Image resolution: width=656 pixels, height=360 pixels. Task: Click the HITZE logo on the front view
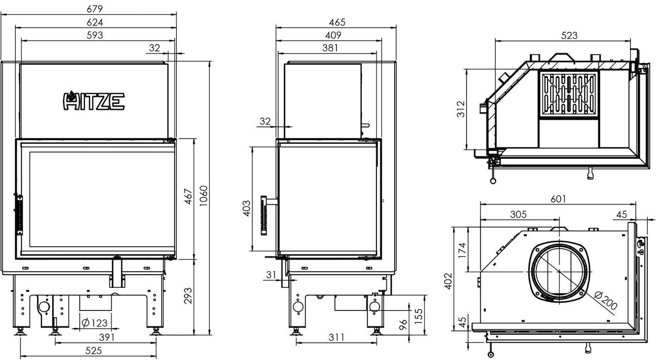pos(93,101)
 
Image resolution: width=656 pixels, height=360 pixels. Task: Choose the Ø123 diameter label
pos(94,323)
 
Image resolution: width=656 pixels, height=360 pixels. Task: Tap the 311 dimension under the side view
pos(336,337)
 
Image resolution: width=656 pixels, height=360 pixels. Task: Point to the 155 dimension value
pos(418,314)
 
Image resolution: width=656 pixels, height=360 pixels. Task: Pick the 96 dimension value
pos(402,325)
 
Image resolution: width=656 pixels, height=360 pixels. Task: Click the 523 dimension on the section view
pos(569,35)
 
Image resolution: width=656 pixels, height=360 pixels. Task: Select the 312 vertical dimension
pos(461,109)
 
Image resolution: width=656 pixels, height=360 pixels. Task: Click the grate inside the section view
pos(568,94)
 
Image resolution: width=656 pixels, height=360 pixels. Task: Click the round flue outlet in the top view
pos(558,271)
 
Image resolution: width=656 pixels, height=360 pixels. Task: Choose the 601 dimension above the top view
pos(558,199)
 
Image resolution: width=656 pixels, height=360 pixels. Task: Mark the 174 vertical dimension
pos(461,250)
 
